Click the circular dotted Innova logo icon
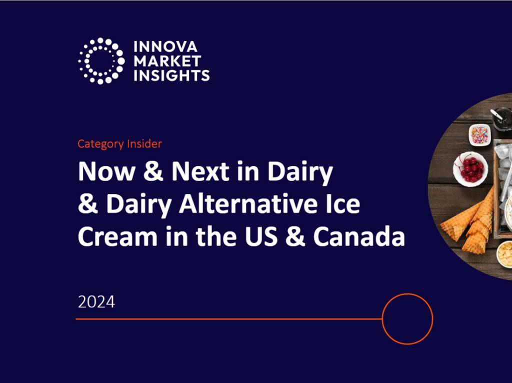[101, 60]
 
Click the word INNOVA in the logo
[165, 47]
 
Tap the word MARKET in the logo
[167, 61]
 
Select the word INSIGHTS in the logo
[171, 75]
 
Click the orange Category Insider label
[119, 144]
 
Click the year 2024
[96, 302]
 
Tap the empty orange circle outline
[407, 318]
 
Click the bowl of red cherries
[470, 168]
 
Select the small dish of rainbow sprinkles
[480, 134]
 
